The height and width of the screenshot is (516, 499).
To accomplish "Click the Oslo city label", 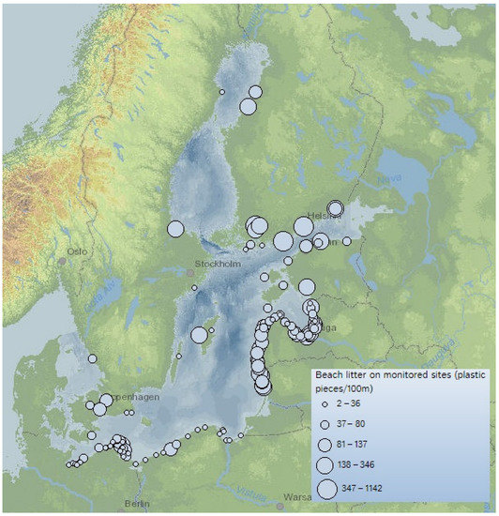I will (76, 250).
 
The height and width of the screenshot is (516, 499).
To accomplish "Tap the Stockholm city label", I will (217, 264).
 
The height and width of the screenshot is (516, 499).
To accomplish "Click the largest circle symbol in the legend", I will (327, 488).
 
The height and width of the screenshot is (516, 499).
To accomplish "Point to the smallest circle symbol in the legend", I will (325, 404).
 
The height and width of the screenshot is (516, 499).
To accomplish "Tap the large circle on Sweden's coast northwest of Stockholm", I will (175, 229).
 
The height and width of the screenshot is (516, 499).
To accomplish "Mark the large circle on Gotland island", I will (199, 335).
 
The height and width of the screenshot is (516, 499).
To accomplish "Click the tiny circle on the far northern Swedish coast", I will (222, 92).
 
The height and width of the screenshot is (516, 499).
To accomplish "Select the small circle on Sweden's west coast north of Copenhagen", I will (92, 358).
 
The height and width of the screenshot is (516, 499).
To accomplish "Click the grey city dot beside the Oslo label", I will (62, 260).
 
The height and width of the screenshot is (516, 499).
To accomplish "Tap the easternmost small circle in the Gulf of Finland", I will (347, 241).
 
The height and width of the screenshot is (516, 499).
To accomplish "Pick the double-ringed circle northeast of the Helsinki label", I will (335, 209).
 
